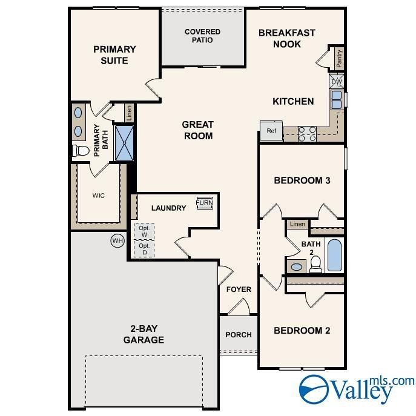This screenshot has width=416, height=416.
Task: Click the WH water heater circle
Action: (116, 241)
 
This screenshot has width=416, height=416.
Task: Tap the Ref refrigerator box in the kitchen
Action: (271, 130)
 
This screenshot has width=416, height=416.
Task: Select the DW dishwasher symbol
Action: (336, 81)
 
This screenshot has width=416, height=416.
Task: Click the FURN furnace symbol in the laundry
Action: (204, 203)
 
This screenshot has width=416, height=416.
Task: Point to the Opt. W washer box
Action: (144, 231)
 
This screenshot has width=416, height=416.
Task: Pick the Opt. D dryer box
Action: (144, 249)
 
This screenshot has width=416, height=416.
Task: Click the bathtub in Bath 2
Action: (334, 255)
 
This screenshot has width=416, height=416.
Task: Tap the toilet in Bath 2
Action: (315, 263)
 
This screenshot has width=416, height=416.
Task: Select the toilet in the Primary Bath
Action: (81, 150)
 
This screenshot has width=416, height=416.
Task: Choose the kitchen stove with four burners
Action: (307, 133)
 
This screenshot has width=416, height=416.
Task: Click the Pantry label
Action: (338, 59)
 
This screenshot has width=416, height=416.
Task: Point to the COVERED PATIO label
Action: (202, 36)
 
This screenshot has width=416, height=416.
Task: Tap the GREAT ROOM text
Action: (197, 130)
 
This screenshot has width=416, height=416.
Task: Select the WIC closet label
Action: (99, 196)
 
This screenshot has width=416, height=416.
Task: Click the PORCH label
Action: (238, 335)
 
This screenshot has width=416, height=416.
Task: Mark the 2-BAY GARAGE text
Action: (144, 334)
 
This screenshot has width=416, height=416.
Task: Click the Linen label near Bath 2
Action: (297, 224)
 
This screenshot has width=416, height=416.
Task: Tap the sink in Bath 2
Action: (297, 266)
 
